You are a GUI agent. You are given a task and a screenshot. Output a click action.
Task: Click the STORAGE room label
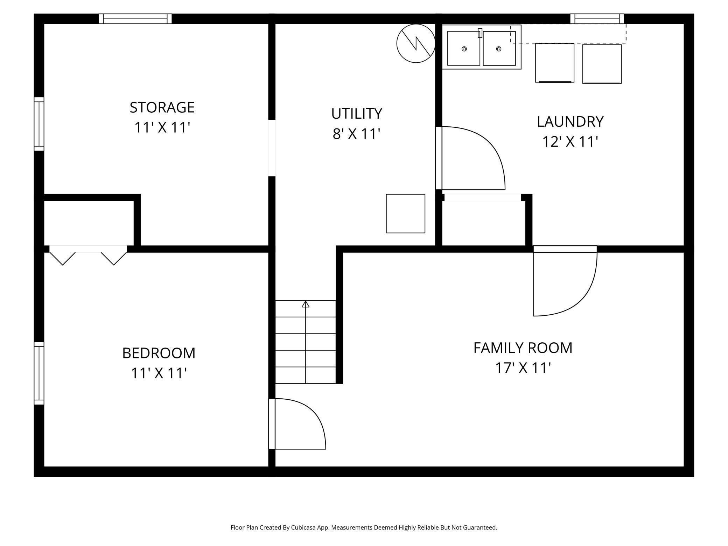click(162, 107)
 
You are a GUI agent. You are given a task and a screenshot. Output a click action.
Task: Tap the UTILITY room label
click(357, 113)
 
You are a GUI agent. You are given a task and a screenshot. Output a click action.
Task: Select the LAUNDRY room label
click(570, 121)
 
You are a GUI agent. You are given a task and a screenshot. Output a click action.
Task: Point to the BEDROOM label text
click(159, 353)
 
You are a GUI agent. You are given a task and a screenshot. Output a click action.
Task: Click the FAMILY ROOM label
click(523, 348)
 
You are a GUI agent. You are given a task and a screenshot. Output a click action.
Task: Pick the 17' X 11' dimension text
click(523, 368)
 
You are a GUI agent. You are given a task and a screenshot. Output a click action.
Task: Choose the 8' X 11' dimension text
click(356, 134)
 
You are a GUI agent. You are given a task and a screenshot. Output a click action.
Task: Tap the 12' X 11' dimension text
click(570, 142)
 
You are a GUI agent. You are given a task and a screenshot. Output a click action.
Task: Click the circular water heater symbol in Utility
click(416, 43)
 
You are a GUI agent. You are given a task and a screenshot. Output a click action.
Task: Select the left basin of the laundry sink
click(463, 48)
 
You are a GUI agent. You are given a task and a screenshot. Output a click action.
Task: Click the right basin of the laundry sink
click(499, 48)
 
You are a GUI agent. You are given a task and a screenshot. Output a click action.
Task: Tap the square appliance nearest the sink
click(554, 63)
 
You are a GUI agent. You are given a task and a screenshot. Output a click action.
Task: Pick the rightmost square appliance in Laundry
click(602, 64)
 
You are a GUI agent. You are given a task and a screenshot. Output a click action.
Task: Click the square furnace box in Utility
click(405, 213)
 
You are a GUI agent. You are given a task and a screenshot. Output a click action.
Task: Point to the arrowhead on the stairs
click(306, 304)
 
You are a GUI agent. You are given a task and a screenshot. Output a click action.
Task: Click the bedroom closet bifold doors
click(88, 255)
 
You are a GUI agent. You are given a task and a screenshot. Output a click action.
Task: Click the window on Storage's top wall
click(135, 19)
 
